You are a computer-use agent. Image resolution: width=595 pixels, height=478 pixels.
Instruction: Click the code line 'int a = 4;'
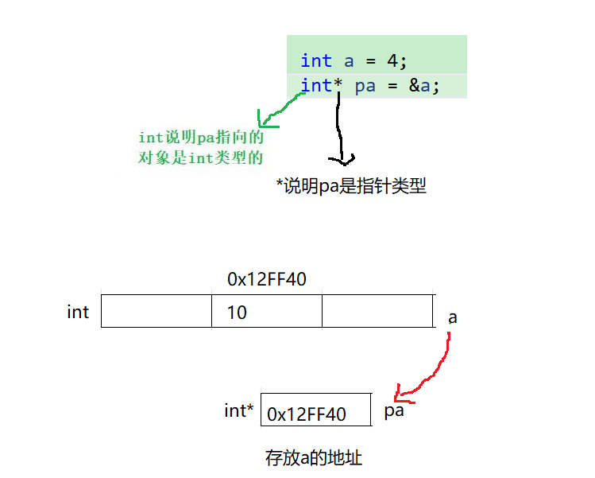click(x=354, y=60)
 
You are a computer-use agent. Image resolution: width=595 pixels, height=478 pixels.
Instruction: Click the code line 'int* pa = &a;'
click(x=369, y=85)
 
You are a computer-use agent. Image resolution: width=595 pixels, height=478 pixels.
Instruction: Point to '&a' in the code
click(x=423, y=85)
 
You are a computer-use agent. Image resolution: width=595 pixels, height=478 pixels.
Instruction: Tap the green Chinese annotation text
click(x=201, y=147)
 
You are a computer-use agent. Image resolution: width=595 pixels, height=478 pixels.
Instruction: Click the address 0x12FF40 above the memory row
click(x=267, y=279)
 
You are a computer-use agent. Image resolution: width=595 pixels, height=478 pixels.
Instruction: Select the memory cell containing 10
click(x=267, y=311)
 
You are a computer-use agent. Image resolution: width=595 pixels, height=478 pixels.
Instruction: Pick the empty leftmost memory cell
click(x=156, y=311)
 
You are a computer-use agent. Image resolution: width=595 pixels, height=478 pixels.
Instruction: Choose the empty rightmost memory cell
click(x=377, y=311)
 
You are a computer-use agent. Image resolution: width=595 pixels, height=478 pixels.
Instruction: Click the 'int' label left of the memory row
click(x=78, y=312)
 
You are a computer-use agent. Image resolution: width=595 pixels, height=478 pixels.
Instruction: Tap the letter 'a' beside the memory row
click(x=453, y=317)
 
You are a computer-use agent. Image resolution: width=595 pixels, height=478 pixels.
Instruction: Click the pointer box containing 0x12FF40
click(x=315, y=411)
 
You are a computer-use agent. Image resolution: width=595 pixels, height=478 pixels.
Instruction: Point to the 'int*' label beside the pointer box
click(x=239, y=411)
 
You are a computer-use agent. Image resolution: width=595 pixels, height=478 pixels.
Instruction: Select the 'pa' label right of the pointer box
click(x=395, y=411)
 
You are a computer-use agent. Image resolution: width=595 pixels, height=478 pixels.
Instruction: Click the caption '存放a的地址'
click(x=314, y=458)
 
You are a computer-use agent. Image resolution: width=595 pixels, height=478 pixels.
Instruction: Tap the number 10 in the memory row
click(x=237, y=313)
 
